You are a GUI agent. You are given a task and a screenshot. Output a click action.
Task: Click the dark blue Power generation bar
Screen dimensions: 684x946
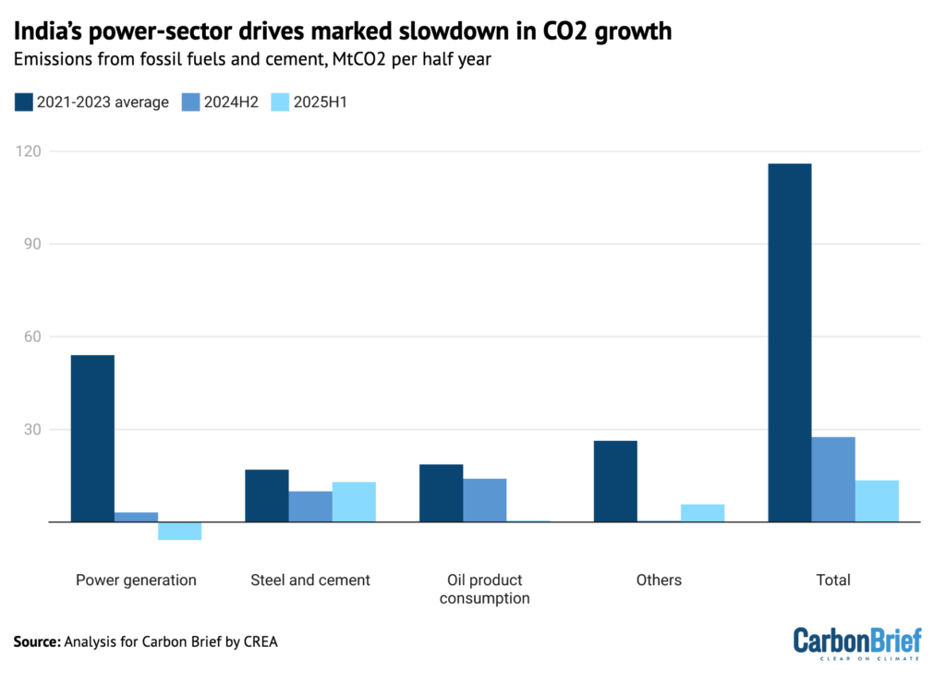point(92,438)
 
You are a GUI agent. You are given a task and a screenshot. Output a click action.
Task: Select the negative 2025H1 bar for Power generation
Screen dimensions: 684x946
point(179,531)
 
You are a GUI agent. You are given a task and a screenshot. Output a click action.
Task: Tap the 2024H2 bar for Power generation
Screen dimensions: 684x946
point(136,517)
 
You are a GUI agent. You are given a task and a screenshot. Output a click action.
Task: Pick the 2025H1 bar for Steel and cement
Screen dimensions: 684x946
point(354,502)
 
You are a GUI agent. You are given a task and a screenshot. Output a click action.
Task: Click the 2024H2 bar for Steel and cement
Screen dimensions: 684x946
point(310,507)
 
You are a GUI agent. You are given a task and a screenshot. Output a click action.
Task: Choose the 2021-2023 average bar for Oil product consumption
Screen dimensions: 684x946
point(441,493)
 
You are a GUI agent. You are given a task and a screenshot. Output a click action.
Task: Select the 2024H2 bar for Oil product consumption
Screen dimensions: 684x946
point(484,500)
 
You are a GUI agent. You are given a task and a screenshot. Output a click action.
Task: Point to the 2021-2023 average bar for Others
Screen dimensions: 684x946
point(615,481)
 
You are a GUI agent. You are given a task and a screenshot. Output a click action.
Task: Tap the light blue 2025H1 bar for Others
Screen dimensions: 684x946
point(702,513)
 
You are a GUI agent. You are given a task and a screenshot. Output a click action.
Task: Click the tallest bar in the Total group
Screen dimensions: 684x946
point(790,342)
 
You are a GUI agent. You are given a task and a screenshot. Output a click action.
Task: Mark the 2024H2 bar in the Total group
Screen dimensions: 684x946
point(833,479)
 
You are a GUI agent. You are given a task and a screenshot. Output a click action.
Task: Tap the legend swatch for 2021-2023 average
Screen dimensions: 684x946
point(24,103)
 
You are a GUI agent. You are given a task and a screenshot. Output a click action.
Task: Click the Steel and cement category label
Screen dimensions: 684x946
point(310,580)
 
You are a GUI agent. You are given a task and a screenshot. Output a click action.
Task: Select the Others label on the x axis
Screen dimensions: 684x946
point(659,580)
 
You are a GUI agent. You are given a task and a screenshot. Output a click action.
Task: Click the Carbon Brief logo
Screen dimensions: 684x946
point(857,643)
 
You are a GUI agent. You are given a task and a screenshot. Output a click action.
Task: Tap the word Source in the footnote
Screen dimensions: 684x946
point(37,641)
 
